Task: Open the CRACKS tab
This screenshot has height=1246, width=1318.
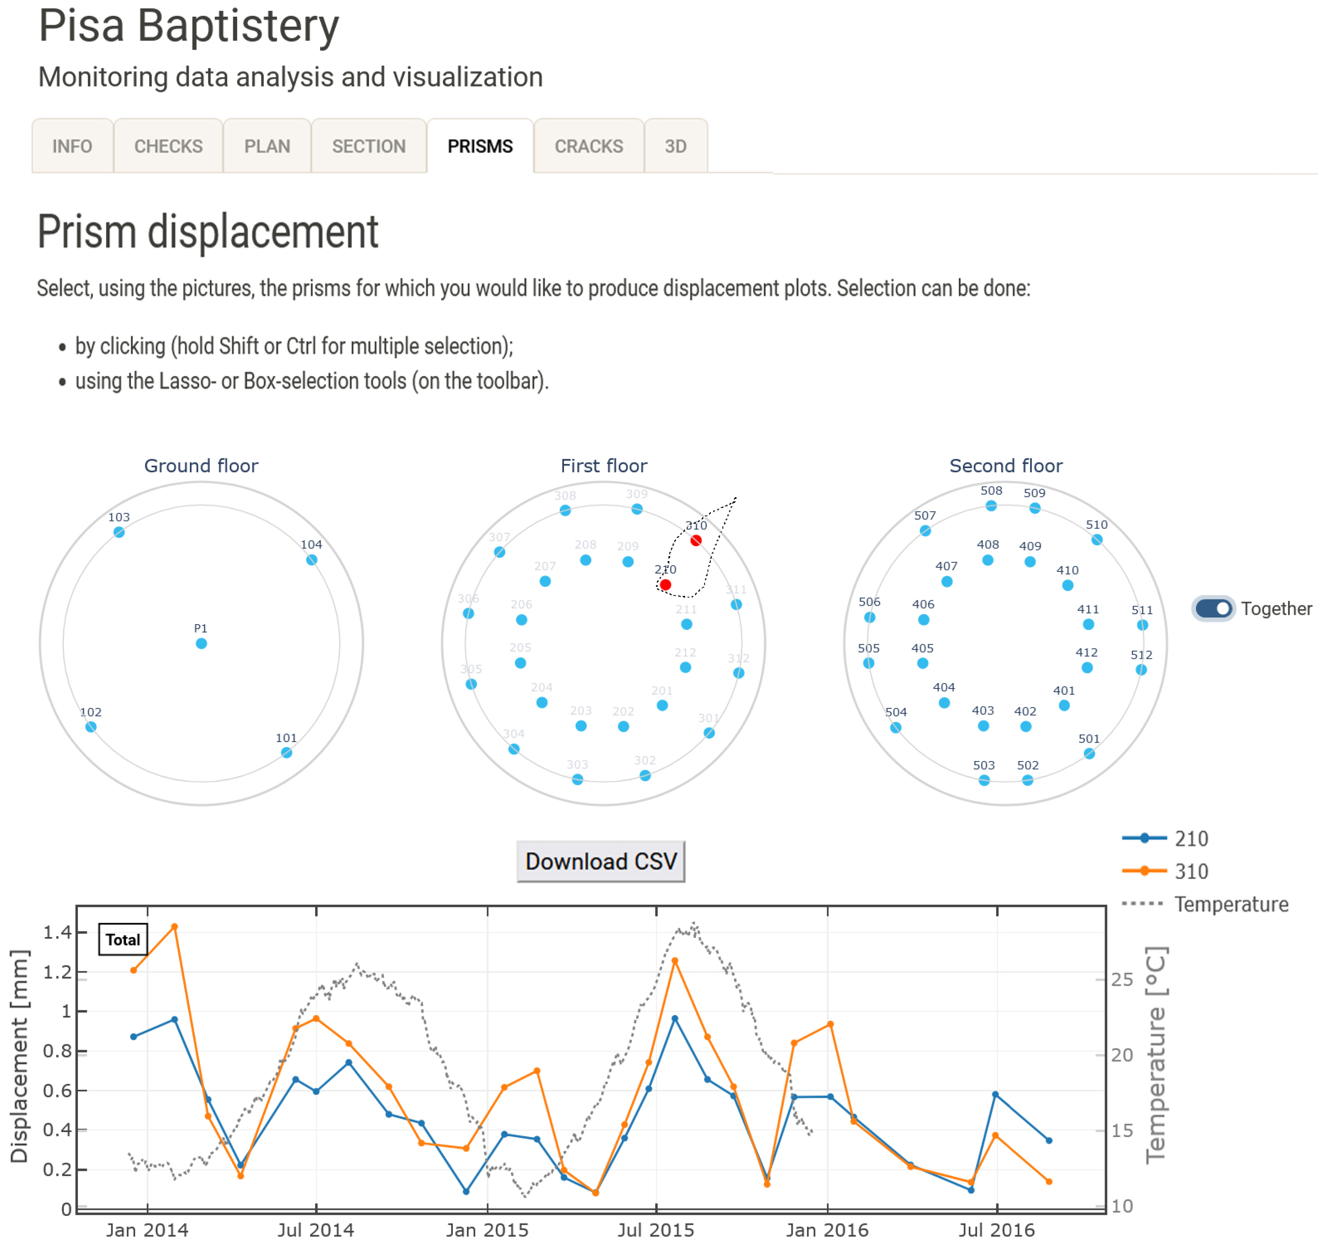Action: click(588, 146)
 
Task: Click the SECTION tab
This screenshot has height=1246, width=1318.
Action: click(369, 146)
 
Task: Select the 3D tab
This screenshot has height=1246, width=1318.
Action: click(675, 146)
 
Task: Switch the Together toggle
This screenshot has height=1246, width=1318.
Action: click(1213, 608)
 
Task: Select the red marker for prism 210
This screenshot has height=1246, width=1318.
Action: click(665, 584)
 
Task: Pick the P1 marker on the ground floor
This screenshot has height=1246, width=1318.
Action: click(201, 643)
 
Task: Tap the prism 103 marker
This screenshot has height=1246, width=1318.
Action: click(119, 532)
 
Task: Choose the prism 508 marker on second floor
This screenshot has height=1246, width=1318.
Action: click(991, 505)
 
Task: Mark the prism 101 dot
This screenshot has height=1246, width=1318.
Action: click(286, 752)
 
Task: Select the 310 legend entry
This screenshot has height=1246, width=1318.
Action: click(1191, 871)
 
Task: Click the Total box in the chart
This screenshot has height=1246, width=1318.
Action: click(123, 939)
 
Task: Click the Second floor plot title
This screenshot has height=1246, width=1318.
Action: click(1005, 466)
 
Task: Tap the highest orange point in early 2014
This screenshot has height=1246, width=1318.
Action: click(175, 927)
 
